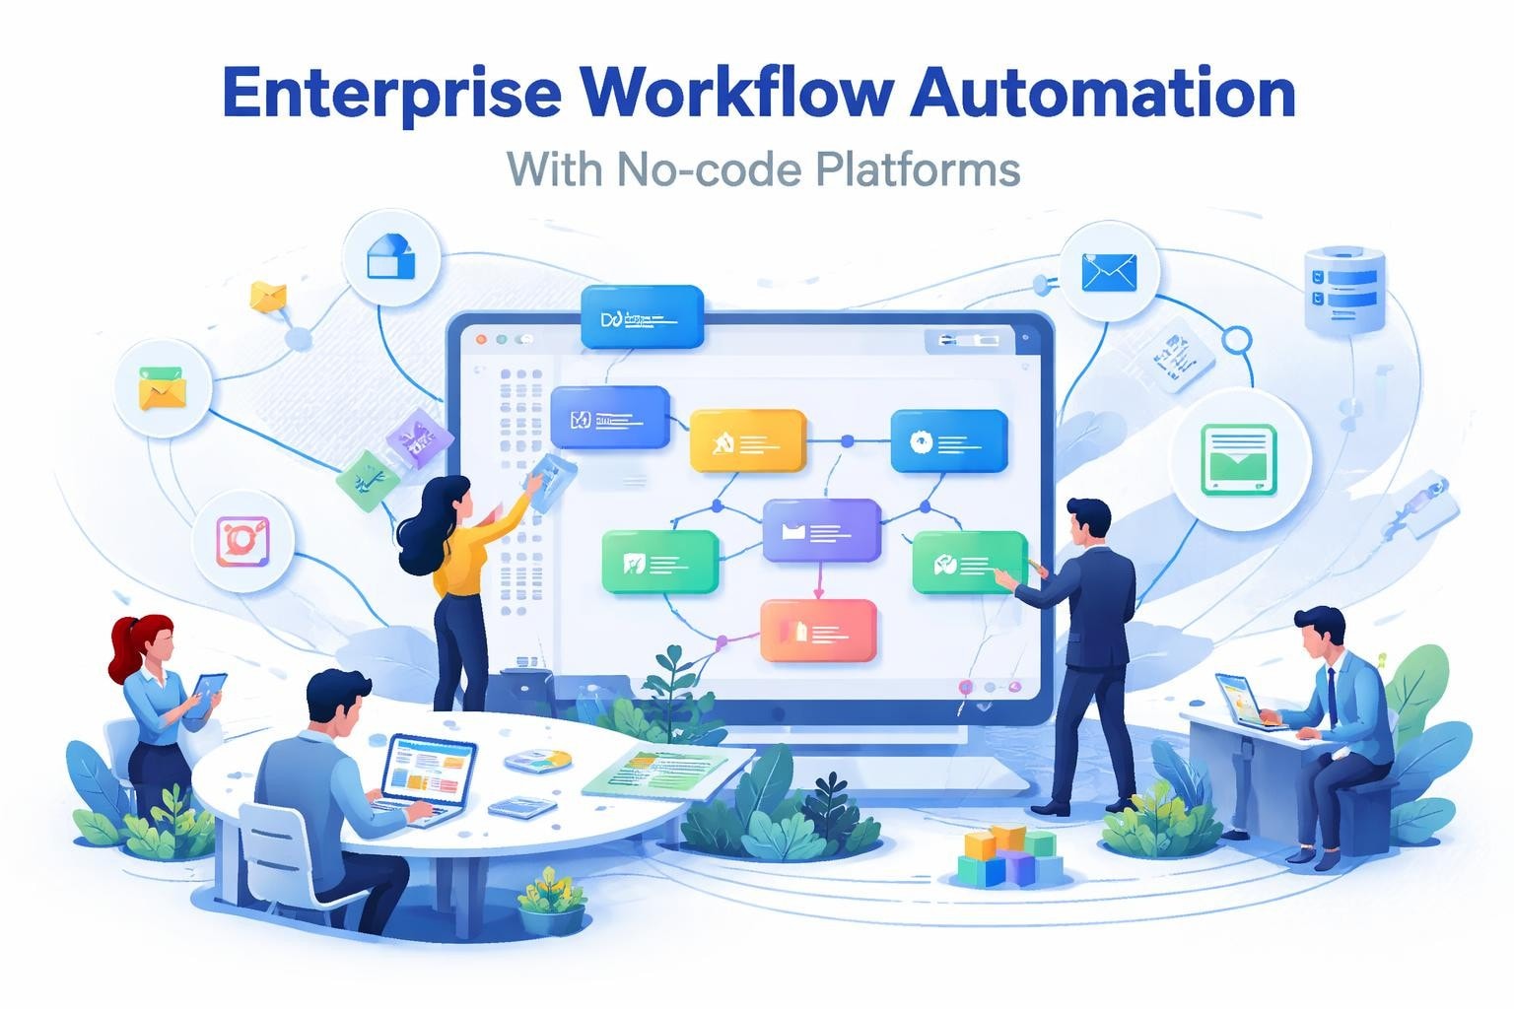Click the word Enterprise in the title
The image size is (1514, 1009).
(392, 94)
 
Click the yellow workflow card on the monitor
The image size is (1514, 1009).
(747, 440)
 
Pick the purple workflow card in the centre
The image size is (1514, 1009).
(821, 530)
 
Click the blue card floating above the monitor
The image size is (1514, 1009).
(642, 317)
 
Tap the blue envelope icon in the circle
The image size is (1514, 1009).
(1108, 271)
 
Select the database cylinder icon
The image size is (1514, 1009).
(1344, 288)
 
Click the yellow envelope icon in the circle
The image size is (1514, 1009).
(163, 388)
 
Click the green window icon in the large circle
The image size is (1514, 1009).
(1239, 459)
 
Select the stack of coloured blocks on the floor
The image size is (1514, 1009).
(1007, 855)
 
